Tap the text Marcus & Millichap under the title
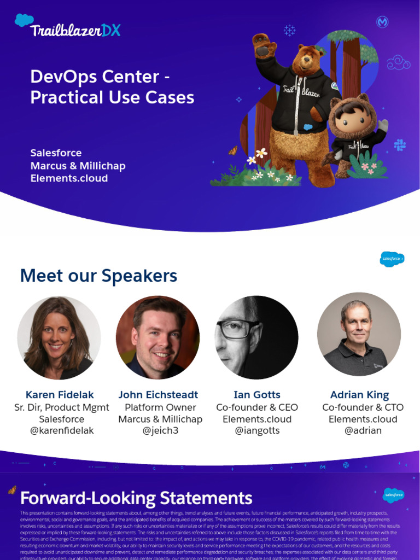click(x=78, y=166)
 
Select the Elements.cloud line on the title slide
click(x=69, y=178)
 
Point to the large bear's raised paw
click(x=265, y=46)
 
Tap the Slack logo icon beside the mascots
click(x=400, y=145)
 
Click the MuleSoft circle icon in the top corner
click(x=382, y=22)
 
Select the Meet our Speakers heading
click(x=98, y=276)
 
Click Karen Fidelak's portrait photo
click(x=59, y=337)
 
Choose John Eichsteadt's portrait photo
click(x=157, y=337)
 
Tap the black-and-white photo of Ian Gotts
click(x=256, y=337)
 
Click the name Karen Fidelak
click(x=60, y=394)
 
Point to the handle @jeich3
click(x=160, y=431)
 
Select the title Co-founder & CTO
click(x=363, y=407)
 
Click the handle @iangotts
click(x=257, y=431)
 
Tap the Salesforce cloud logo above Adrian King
click(x=392, y=258)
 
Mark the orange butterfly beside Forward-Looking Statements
click(x=12, y=490)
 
